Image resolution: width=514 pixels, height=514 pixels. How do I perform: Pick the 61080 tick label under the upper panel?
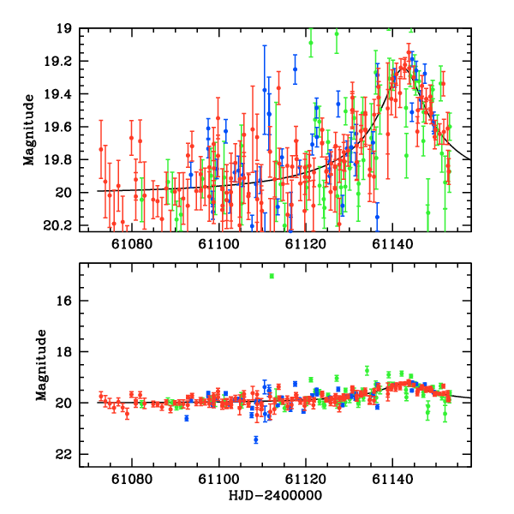pyautogui.click(x=133, y=244)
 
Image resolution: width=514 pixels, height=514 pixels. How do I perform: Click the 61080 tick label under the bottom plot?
pyautogui.click(x=133, y=481)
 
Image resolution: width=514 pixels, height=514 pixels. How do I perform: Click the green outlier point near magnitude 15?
pyautogui.click(x=272, y=276)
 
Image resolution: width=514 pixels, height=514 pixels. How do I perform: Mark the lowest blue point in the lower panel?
pyautogui.click(x=255, y=439)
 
